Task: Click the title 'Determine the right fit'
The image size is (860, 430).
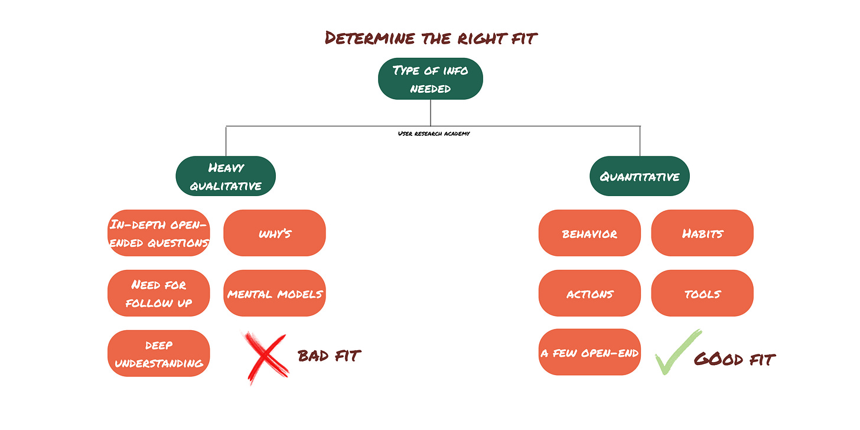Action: pyautogui.click(x=430, y=38)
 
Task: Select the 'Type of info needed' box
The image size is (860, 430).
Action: pyautogui.click(x=430, y=79)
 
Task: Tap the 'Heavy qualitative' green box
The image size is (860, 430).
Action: pyautogui.click(x=226, y=177)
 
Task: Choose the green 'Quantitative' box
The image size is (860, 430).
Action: pyautogui.click(x=640, y=176)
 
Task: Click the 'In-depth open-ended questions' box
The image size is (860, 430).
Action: pyautogui.click(x=159, y=233)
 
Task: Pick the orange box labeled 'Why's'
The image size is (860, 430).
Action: pyautogui.click(x=275, y=233)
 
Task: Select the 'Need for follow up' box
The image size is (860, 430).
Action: pyautogui.click(x=159, y=294)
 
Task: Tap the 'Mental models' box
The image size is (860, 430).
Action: pyautogui.click(x=275, y=294)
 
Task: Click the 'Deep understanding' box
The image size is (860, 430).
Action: pyautogui.click(x=159, y=353)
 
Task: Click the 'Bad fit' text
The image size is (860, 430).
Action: pyautogui.click(x=329, y=356)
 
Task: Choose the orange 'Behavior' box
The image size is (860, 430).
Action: pyautogui.click(x=589, y=233)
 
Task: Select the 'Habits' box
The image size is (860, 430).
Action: pyautogui.click(x=702, y=233)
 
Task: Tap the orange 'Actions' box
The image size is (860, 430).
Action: pyautogui.click(x=589, y=294)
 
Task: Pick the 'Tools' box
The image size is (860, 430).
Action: pyautogui.click(x=702, y=294)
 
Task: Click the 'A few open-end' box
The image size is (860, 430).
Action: pyautogui.click(x=589, y=353)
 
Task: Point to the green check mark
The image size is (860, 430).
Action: pyautogui.click(x=677, y=353)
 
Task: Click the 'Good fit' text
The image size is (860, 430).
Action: pyautogui.click(x=734, y=358)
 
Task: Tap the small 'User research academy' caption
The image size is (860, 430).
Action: pyautogui.click(x=434, y=133)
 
